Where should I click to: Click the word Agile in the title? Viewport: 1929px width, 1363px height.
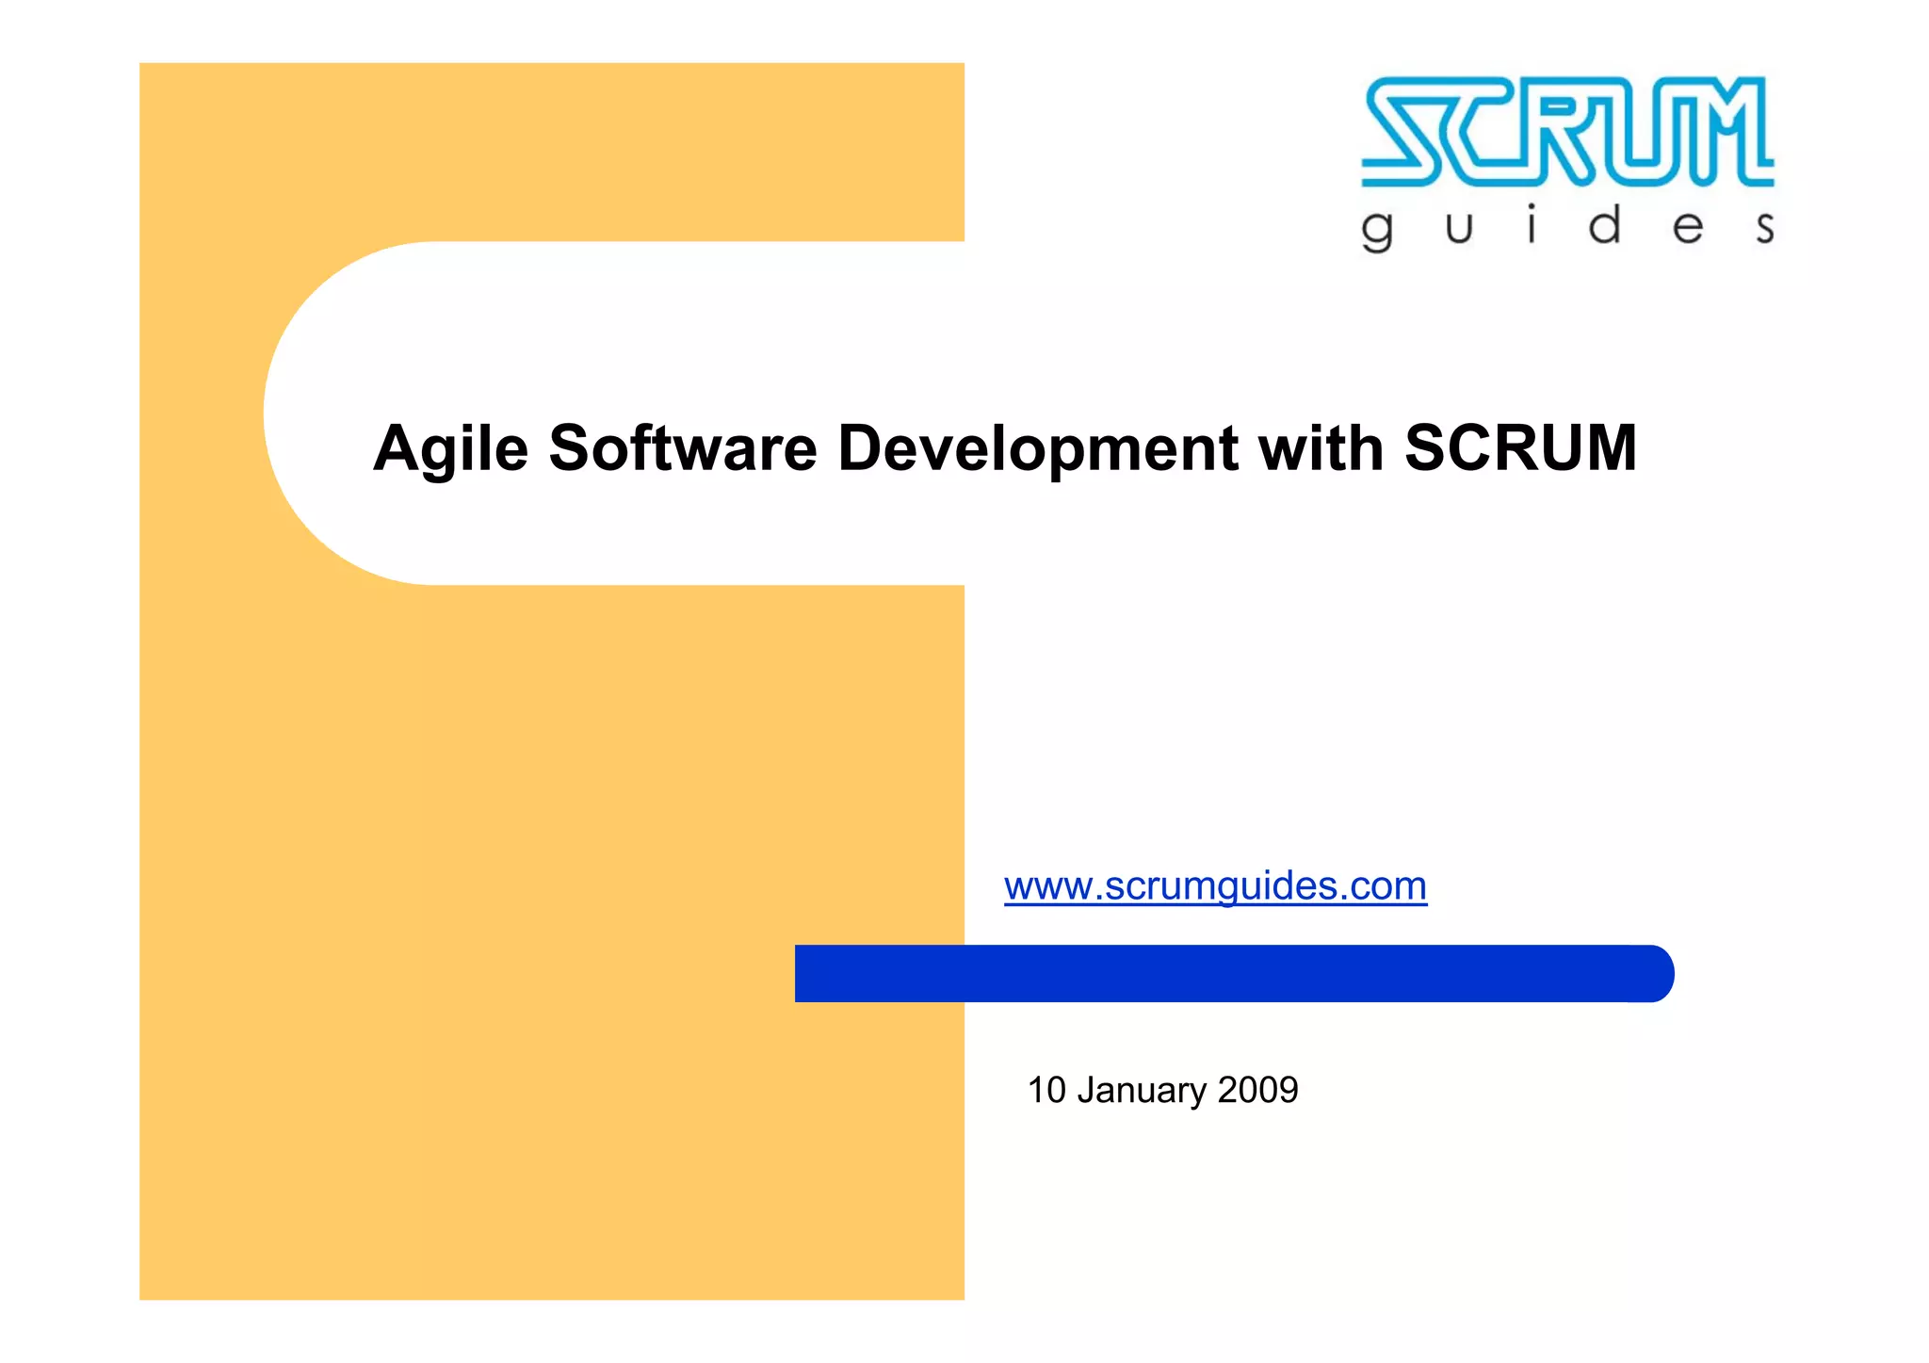[x=450, y=449]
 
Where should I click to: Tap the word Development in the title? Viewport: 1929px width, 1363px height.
[x=1037, y=449]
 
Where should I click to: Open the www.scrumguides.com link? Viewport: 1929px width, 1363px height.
[x=1215, y=886]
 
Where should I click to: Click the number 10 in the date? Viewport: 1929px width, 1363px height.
[x=1046, y=1091]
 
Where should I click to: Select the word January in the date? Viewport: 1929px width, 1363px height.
[x=1142, y=1091]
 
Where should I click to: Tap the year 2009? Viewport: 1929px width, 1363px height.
[x=1257, y=1091]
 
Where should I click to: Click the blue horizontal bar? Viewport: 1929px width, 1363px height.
[x=1224, y=973]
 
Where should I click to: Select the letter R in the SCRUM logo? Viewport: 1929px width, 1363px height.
[x=1564, y=131]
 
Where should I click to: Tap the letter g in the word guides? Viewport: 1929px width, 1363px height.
[x=1377, y=231]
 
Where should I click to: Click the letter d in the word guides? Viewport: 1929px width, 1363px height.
[x=1605, y=226]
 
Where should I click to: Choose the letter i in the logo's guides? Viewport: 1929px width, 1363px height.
[x=1532, y=225]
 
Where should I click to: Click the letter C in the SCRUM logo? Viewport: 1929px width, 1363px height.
[x=1484, y=131]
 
